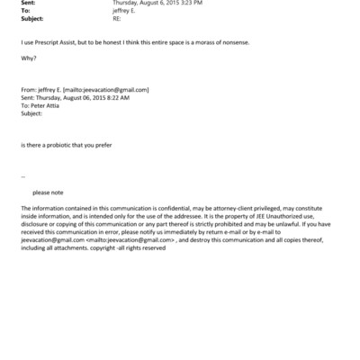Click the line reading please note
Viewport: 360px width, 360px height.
tap(48, 192)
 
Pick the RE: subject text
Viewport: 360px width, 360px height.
tap(117, 19)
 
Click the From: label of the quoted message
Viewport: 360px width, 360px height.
tap(27, 90)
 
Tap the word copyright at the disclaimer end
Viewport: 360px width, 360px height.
tap(121, 247)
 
